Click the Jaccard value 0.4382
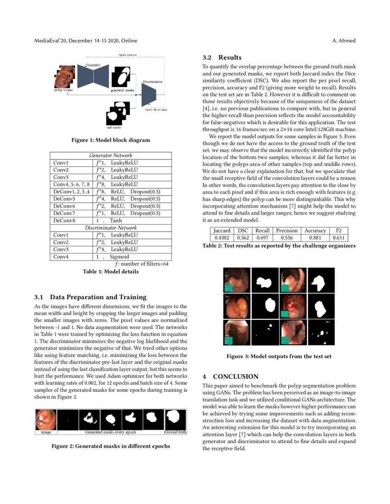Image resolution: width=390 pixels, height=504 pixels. [222, 238]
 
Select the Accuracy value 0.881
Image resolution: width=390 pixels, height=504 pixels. [315, 238]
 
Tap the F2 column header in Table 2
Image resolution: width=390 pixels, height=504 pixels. [339, 230]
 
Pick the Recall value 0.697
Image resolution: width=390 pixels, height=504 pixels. [262, 238]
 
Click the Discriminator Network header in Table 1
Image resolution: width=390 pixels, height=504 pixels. [110, 227]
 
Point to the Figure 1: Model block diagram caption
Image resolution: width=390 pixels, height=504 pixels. [110, 140]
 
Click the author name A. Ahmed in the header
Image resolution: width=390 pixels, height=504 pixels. [344, 41]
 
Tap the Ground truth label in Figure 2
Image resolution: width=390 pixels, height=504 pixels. [175, 432]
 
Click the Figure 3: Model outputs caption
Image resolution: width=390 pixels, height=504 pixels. [279, 356]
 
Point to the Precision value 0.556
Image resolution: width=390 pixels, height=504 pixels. [287, 238]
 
